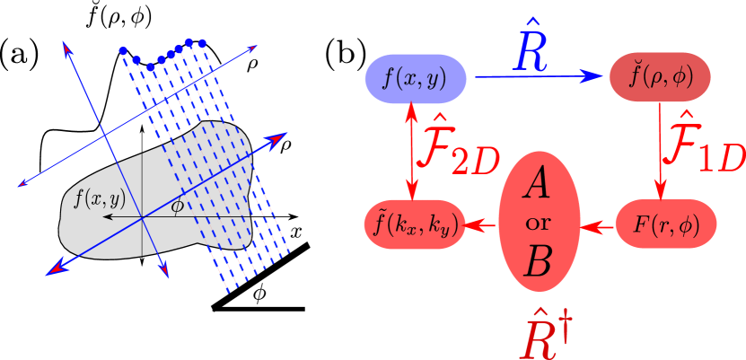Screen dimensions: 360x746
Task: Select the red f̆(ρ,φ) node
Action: pyautogui.click(x=659, y=77)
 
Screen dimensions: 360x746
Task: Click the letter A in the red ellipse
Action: pyautogui.click(x=540, y=186)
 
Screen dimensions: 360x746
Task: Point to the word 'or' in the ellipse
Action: pyautogui.click(x=539, y=224)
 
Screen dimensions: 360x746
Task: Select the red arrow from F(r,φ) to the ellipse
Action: pyautogui.click(x=598, y=225)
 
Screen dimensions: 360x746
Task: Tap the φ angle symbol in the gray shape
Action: pyautogui.click(x=177, y=206)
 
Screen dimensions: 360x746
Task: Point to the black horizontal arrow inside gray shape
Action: pyautogui.click(x=121, y=217)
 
